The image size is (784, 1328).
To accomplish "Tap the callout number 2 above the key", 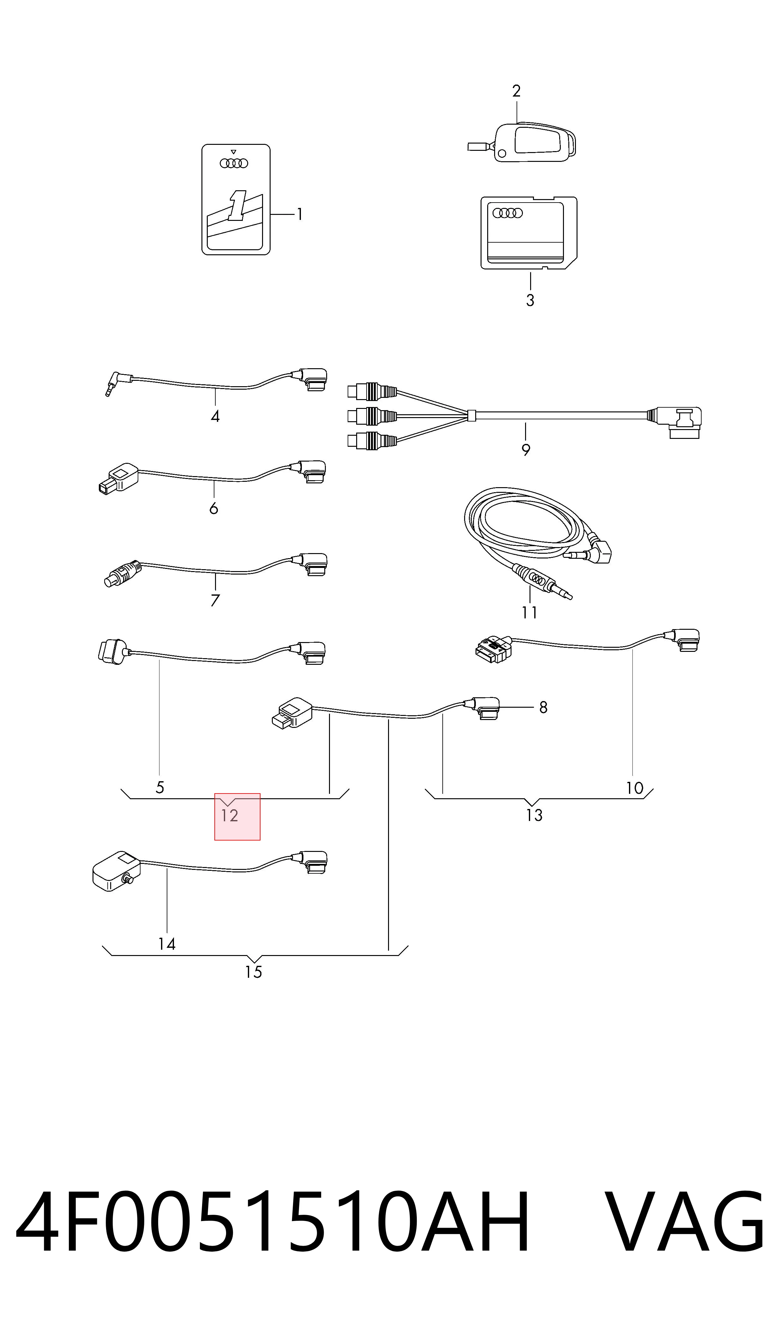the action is click(516, 91).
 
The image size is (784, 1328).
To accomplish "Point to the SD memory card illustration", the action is click(529, 233).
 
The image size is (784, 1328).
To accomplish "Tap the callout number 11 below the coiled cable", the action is click(530, 612).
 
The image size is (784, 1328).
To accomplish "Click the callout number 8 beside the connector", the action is click(543, 707).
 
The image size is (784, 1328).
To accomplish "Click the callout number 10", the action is click(634, 788).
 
